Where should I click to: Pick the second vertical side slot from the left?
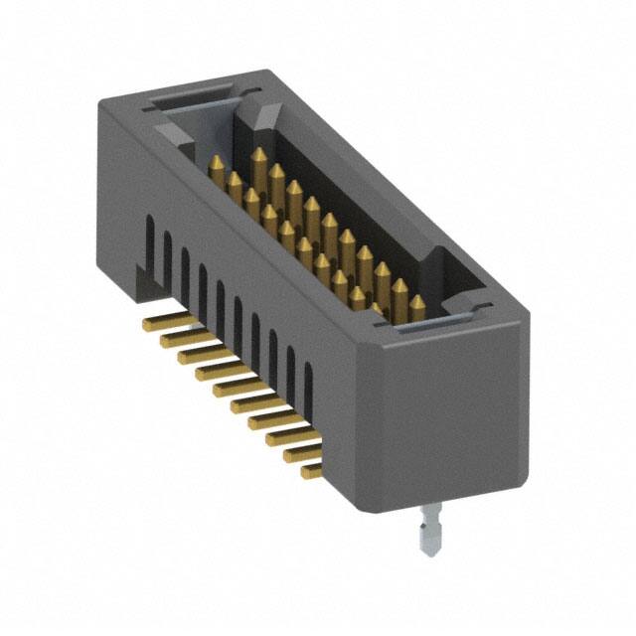pyautogui.click(x=166, y=254)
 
